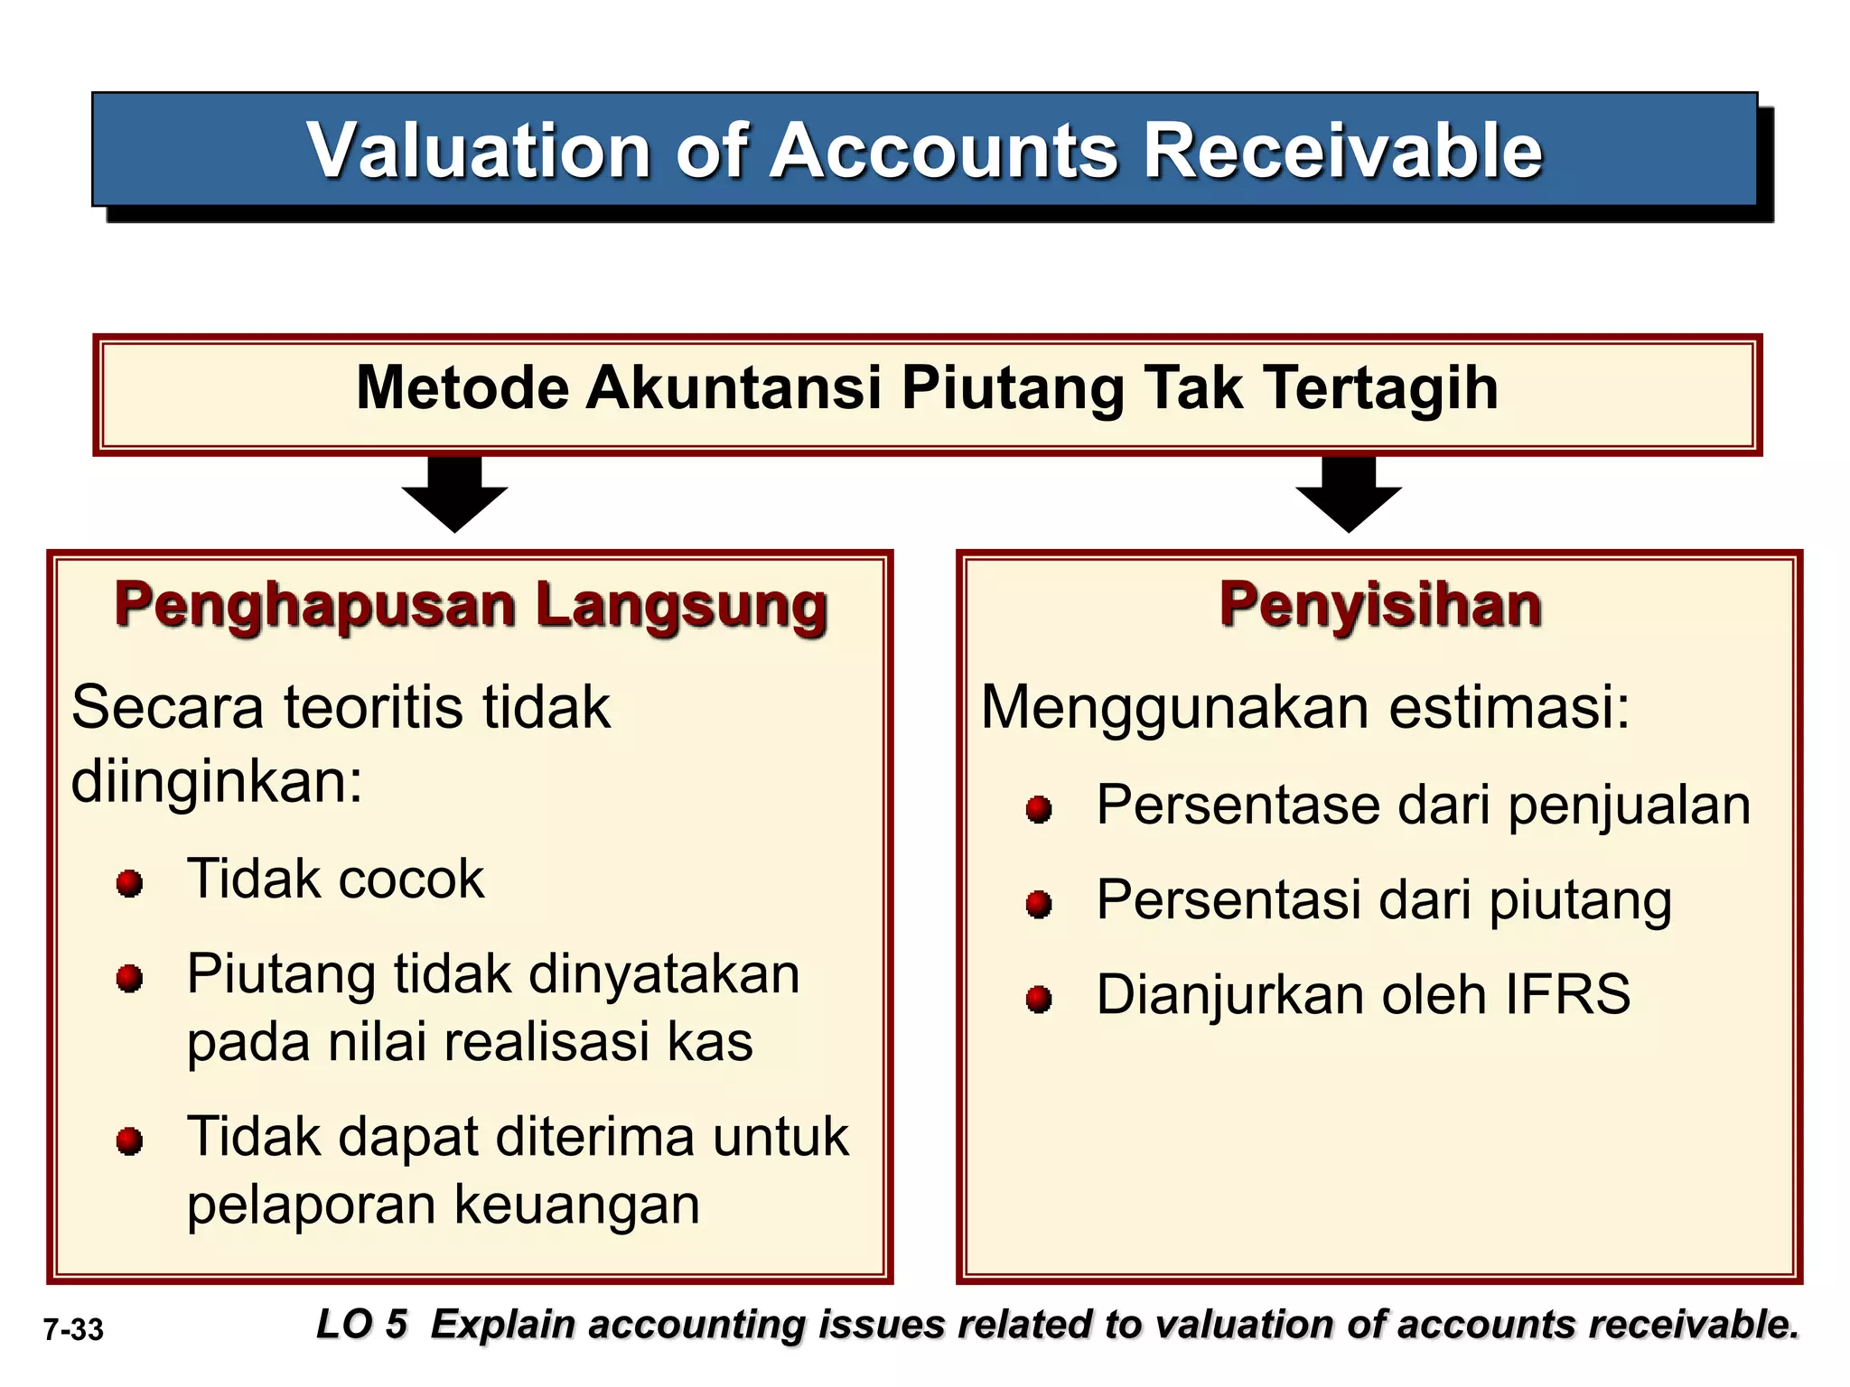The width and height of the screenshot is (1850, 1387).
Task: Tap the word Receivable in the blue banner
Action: [1343, 151]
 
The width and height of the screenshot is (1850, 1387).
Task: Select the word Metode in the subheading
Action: [462, 387]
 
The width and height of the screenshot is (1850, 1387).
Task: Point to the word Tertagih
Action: [1381, 387]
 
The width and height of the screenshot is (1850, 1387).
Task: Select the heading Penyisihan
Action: [1380, 604]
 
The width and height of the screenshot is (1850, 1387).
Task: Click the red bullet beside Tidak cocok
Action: [130, 882]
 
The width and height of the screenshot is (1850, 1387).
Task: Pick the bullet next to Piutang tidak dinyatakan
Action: [130, 978]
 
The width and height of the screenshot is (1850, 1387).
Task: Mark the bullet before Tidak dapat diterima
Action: [130, 1140]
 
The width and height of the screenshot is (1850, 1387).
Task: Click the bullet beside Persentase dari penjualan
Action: [1039, 808]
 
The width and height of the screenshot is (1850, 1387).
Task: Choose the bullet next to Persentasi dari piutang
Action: [1039, 903]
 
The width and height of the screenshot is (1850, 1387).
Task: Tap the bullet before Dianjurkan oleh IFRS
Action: [1039, 999]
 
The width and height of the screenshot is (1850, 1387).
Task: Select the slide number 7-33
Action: [74, 1329]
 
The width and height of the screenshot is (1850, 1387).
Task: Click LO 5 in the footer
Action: [361, 1324]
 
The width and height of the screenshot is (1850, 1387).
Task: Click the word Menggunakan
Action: [1174, 707]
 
